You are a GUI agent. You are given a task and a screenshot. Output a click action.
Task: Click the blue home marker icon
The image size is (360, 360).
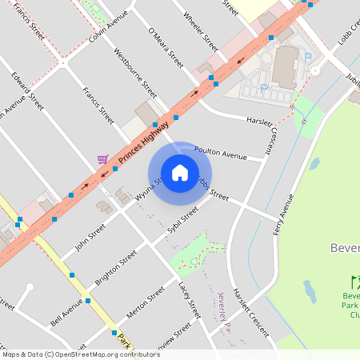pyautogui.click(x=179, y=172)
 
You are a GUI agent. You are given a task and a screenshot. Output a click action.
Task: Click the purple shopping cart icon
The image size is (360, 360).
pyautogui.click(x=102, y=159)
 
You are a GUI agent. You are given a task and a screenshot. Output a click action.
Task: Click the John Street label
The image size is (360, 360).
pyautogui.click(x=90, y=238)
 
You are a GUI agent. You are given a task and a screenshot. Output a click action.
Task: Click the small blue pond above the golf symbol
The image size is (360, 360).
pyautogui.click(x=310, y=289)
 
